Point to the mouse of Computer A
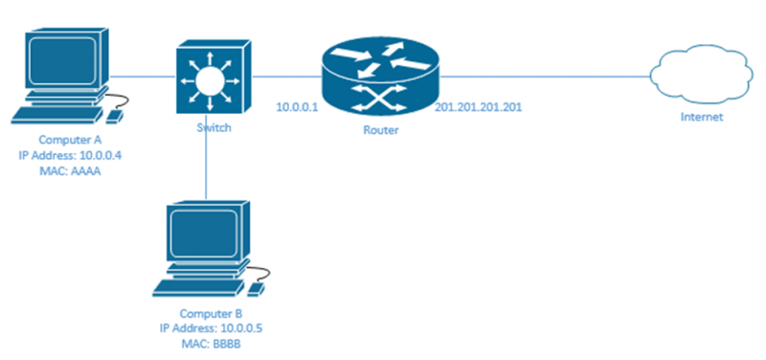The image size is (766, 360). pos(113,115)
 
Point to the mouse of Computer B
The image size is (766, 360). pos(256,287)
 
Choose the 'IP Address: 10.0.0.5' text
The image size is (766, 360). pos(211,327)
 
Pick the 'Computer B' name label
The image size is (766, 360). pos(211,313)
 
